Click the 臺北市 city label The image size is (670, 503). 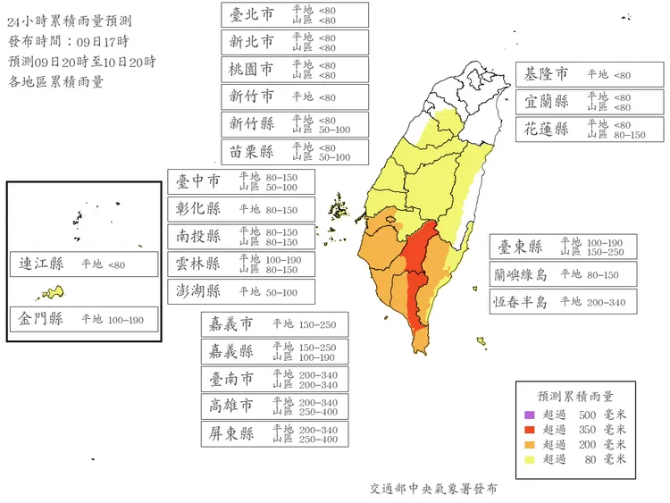252,14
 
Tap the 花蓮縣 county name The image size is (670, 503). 548,129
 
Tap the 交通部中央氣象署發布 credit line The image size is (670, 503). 434,489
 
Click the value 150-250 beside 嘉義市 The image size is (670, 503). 317,323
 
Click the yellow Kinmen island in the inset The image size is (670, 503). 54,292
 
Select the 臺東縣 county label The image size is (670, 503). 519,247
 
